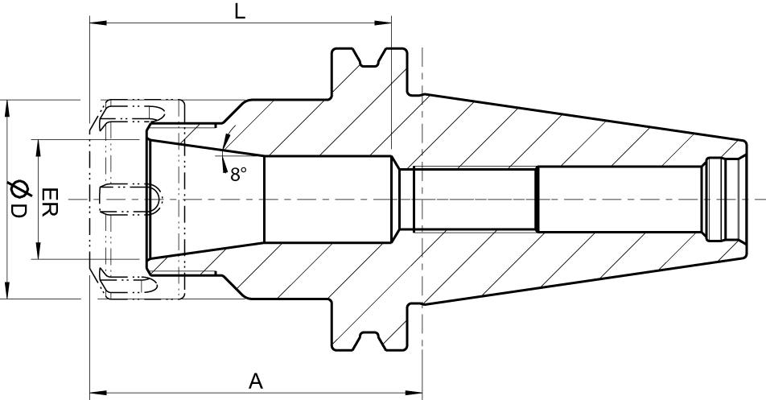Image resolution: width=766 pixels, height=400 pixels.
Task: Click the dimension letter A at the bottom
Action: tap(255, 381)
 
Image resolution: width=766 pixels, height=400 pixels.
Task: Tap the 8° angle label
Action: tap(239, 174)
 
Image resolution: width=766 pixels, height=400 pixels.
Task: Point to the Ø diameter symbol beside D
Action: tap(16, 188)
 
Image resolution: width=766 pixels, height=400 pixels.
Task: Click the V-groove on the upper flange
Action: tap(371, 58)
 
